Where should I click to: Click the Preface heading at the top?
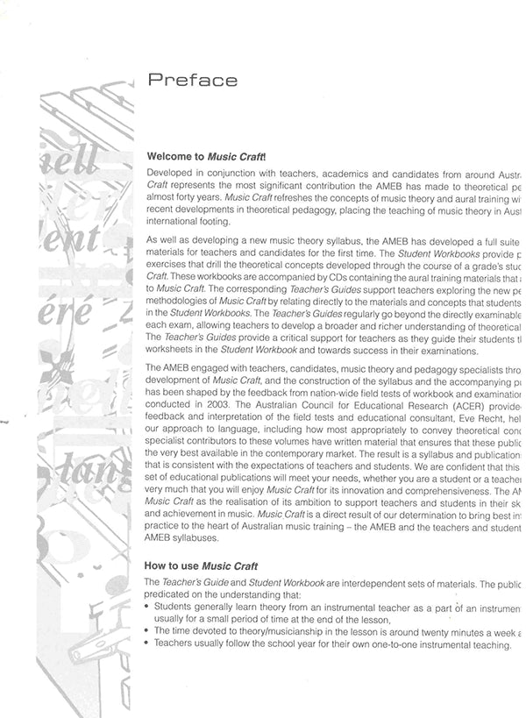pos(192,81)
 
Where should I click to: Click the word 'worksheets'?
pos(172,349)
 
